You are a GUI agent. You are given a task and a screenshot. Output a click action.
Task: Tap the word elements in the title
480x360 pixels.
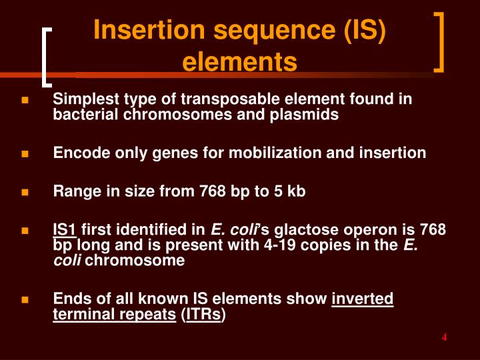[239, 62]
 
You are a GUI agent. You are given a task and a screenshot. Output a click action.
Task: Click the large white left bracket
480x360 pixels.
[46, 57]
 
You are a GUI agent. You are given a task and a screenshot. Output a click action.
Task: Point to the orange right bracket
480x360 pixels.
[439, 41]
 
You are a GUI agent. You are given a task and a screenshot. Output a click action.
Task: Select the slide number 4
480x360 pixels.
[443, 337]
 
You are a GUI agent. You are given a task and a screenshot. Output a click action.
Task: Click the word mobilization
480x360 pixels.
[280, 153]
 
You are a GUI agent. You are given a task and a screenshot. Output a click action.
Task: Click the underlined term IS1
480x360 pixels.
[65, 230]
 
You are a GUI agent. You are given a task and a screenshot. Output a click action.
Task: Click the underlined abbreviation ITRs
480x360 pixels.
[204, 313]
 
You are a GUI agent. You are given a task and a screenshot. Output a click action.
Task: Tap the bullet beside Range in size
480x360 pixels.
[25, 193]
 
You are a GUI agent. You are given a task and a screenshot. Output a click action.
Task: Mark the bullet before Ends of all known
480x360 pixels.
[25, 299]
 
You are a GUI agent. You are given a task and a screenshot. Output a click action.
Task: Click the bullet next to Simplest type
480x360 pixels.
[25, 101]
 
